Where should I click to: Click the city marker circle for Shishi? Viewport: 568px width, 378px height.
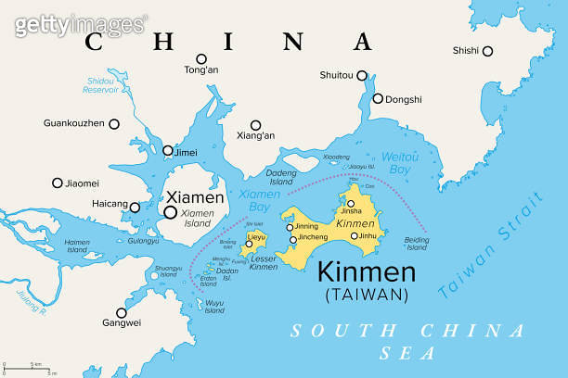click(487, 51)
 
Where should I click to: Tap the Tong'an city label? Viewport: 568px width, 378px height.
click(200, 70)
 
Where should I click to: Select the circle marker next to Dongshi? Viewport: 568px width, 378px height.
click(378, 98)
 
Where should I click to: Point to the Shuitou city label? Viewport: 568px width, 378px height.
click(337, 76)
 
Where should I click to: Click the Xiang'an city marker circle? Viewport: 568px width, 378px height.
click(255, 124)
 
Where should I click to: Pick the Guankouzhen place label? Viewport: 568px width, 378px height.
click(74, 123)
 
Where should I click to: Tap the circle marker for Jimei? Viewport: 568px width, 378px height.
click(168, 150)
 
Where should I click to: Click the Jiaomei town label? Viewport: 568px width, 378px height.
click(82, 183)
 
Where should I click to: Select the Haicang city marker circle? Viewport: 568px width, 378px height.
click(135, 208)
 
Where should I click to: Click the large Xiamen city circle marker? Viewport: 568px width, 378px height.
click(171, 212)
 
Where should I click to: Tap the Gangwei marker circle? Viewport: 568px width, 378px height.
click(121, 312)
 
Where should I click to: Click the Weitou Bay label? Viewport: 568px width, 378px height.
click(400, 163)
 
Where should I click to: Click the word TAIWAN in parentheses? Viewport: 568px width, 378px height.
click(367, 295)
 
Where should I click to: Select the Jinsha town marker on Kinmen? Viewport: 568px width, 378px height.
click(352, 201)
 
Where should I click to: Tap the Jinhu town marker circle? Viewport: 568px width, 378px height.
click(354, 235)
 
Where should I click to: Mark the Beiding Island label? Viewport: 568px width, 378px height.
click(417, 243)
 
